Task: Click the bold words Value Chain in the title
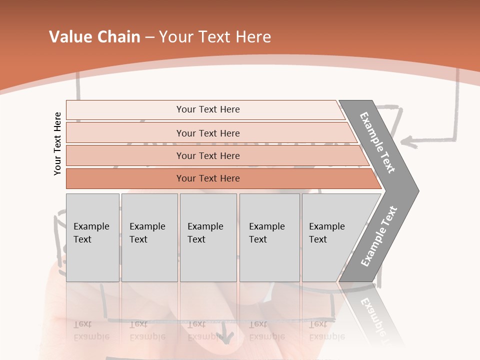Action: (94, 37)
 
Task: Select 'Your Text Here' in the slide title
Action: (215, 37)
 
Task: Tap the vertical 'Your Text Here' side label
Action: (57, 143)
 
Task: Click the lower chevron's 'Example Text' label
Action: (379, 236)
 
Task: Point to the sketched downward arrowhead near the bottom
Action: (227, 338)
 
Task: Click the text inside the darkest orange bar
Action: (208, 178)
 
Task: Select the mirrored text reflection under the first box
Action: (91, 330)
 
